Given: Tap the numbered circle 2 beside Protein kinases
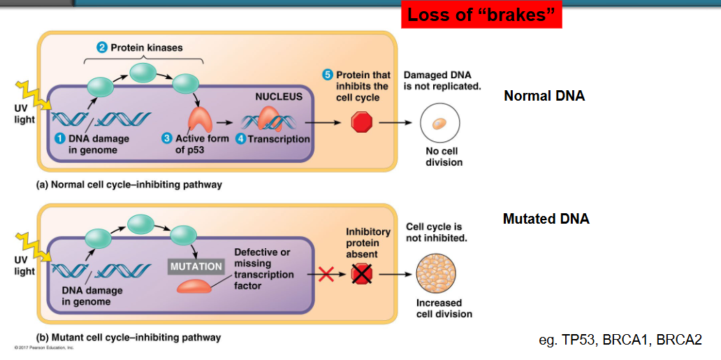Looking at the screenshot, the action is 101,48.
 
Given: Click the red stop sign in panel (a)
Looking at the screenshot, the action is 361,123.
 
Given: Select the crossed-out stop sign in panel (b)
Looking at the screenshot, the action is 361,275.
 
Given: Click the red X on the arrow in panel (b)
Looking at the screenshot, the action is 326,275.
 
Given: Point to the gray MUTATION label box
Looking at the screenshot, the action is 196,266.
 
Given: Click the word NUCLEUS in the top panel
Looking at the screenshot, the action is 279,97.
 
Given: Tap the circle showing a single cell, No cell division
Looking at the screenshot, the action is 440,123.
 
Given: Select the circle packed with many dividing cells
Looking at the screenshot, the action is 436,275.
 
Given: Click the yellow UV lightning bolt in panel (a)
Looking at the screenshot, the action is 33,96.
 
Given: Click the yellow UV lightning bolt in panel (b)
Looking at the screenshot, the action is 33,246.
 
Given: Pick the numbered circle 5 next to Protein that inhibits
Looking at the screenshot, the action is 328,75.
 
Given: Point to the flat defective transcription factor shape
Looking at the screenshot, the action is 194,287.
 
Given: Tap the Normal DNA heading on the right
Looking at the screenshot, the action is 544,96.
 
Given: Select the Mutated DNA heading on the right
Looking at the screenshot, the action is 546,219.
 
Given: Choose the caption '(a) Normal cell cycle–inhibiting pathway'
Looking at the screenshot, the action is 129,185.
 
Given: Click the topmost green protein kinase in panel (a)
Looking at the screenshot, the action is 143,72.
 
